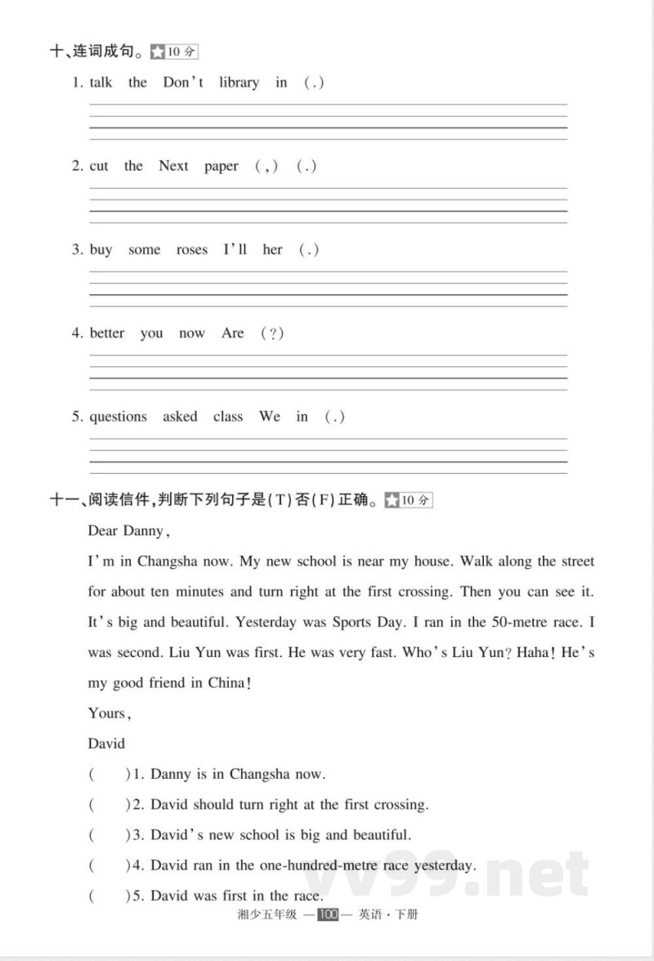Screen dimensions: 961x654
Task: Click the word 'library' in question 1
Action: pos(239,83)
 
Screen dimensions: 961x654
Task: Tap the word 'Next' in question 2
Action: pos(173,166)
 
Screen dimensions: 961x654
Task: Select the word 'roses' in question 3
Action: pos(192,250)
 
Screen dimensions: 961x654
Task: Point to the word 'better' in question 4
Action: pos(107,333)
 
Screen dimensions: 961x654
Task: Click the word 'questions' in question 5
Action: pos(118,417)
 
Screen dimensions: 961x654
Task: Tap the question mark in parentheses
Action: pos(272,333)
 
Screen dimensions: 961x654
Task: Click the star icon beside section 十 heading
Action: pos(157,52)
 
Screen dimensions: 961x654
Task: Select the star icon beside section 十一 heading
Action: pos(392,500)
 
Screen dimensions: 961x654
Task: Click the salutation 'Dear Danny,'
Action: pos(128,531)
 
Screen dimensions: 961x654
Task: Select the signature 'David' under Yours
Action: pos(106,744)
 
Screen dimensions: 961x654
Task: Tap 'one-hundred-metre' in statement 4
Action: pos(299,865)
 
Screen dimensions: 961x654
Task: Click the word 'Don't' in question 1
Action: pos(183,83)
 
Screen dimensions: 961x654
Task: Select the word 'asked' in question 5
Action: pos(180,417)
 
